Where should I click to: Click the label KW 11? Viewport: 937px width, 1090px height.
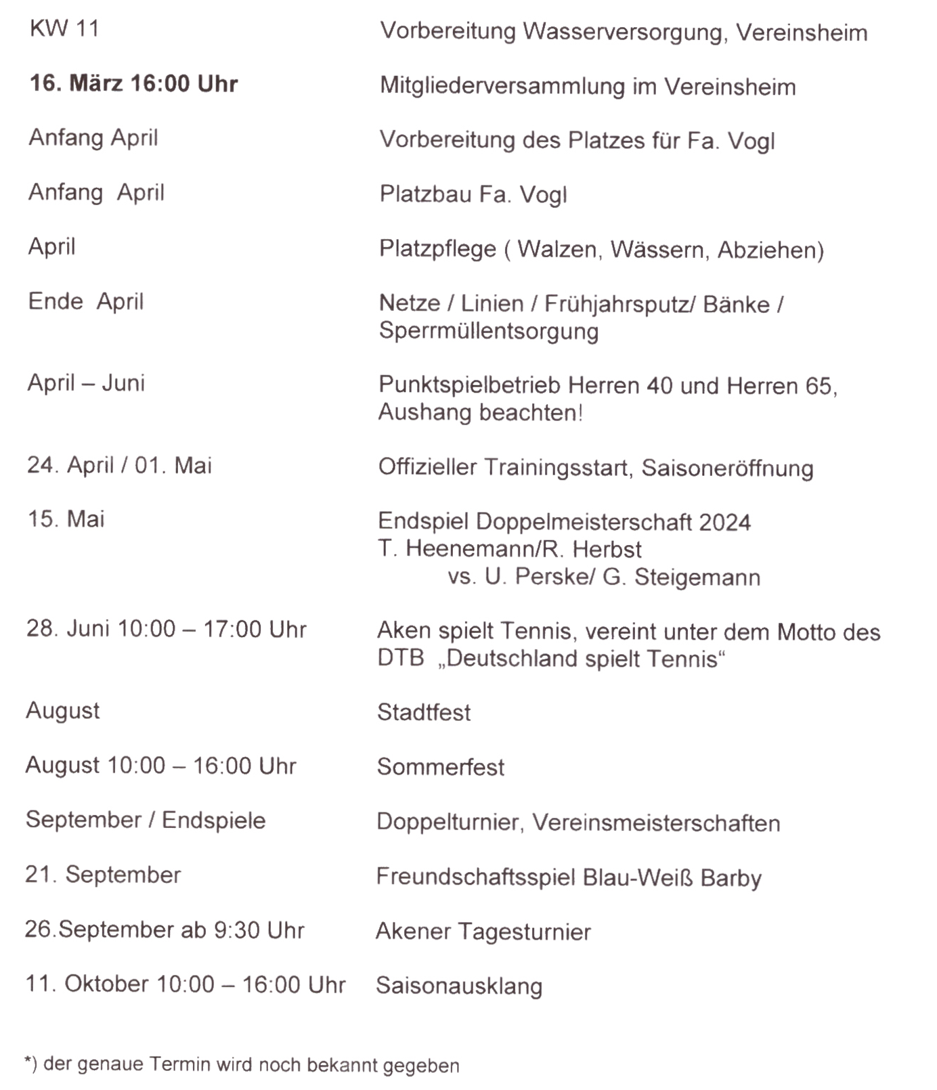[x=64, y=28]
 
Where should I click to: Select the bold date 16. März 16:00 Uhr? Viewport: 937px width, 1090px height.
[x=133, y=83]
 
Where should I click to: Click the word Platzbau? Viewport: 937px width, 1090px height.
[x=424, y=194]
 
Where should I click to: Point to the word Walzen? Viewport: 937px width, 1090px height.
[x=557, y=249]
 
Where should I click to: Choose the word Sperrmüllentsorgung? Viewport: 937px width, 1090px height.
[x=488, y=331]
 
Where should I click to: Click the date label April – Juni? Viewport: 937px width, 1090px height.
[x=86, y=383]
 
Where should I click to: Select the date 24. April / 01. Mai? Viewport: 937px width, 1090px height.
[x=119, y=465]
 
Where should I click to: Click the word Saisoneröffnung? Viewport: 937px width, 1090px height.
[x=727, y=468]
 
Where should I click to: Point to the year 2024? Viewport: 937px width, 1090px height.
[x=724, y=522]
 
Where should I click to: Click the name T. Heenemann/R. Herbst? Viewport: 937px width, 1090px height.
[x=509, y=549]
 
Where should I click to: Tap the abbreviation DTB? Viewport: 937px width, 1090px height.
[x=400, y=658]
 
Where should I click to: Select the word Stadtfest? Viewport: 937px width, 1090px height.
[x=423, y=712]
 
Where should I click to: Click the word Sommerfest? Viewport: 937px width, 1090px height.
[x=440, y=767]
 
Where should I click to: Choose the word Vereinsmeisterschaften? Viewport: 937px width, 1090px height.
[x=655, y=823]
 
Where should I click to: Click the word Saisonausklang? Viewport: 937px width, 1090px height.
[x=458, y=986]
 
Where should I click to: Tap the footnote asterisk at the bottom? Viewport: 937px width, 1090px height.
[x=28, y=1062]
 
